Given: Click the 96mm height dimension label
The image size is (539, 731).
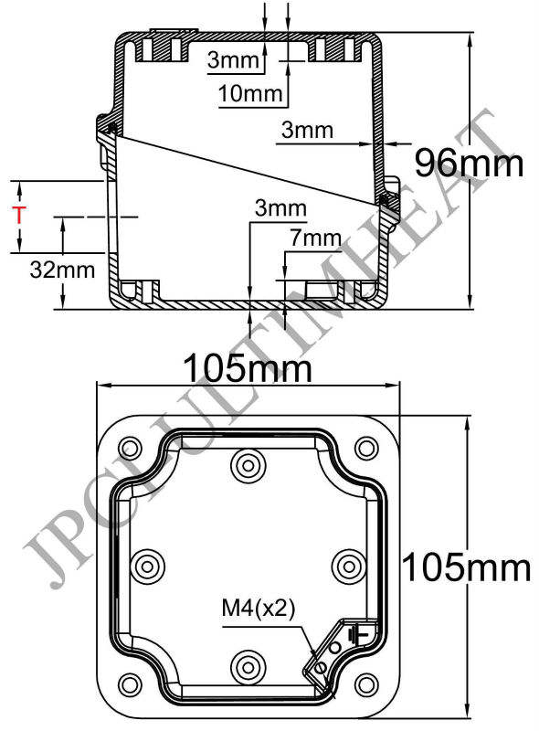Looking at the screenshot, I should pyautogui.click(x=469, y=164).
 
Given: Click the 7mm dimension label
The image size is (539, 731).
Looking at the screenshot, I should pyautogui.click(x=314, y=238).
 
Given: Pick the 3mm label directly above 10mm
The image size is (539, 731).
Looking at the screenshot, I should pyautogui.click(x=234, y=60).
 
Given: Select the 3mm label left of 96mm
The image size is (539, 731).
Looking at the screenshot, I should pyautogui.click(x=307, y=131).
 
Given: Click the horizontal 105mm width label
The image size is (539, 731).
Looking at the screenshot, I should pyautogui.click(x=248, y=370).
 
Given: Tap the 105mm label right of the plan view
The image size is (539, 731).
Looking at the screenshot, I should pyautogui.click(x=467, y=567).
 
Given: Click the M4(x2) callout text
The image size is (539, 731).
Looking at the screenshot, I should pyautogui.click(x=258, y=609).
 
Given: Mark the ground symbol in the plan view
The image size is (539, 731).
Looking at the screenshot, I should pyautogui.click(x=363, y=631).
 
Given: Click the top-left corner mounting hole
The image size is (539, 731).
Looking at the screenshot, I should pyautogui.click(x=129, y=448).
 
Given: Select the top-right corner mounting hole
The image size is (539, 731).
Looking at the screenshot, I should pyautogui.click(x=366, y=448).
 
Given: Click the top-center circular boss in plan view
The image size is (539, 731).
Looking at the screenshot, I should pyautogui.click(x=247, y=468).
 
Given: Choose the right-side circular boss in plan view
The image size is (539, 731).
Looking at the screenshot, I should pyautogui.click(x=348, y=565).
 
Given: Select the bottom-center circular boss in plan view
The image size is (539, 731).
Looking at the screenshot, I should pyautogui.click(x=247, y=662).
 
